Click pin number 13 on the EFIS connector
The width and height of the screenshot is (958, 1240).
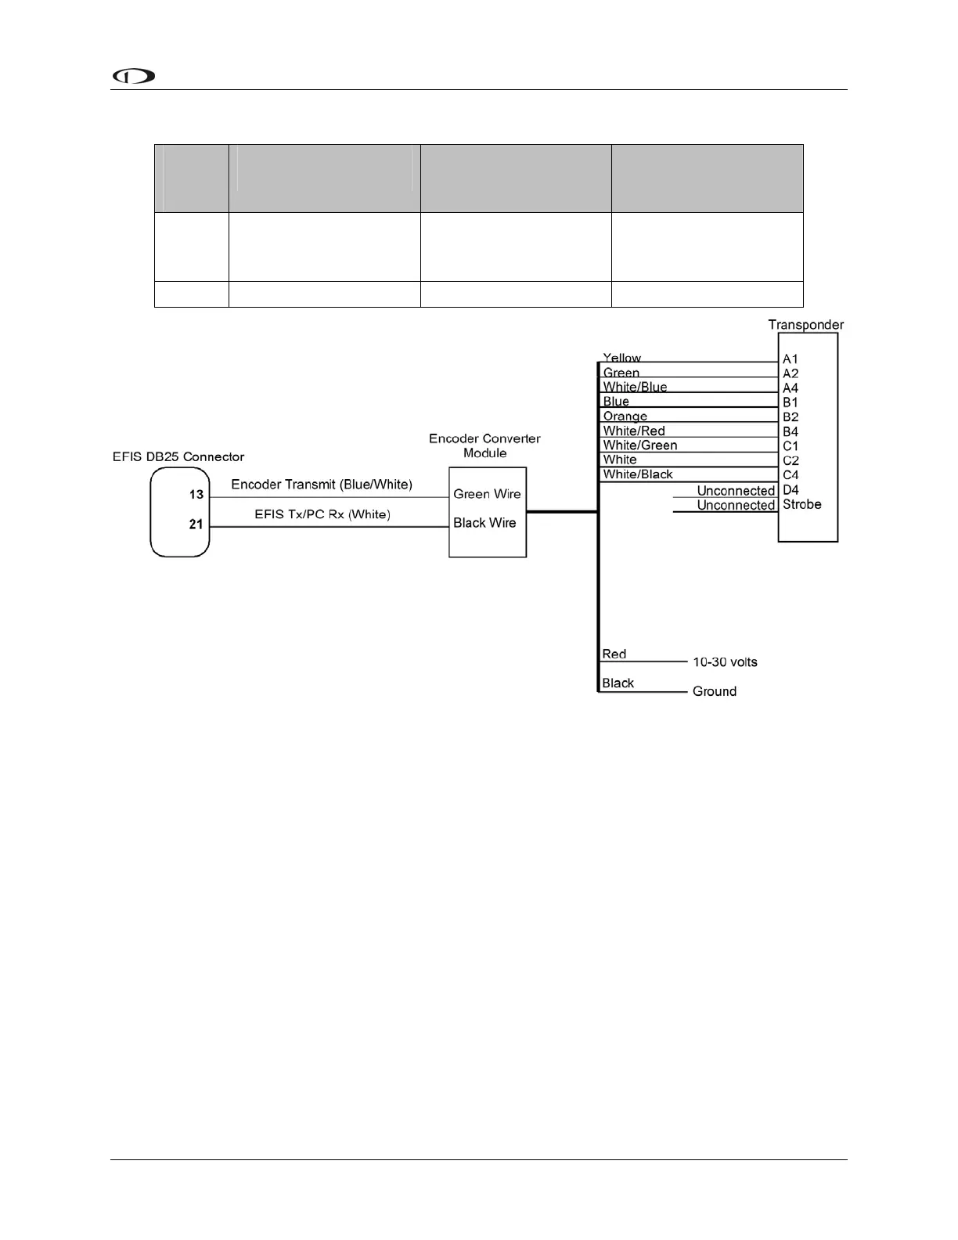coord(196,494)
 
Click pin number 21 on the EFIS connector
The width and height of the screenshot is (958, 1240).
coord(196,524)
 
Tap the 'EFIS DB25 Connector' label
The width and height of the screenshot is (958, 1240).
coord(178,456)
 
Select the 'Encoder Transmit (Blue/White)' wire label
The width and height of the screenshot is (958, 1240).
coord(322,485)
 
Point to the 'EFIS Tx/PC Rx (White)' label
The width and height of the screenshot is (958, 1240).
coord(322,514)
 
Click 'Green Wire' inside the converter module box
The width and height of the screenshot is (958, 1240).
coord(487,494)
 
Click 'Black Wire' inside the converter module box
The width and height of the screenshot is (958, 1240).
coord(484,523)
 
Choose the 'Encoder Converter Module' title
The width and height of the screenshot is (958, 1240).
coord(484,445)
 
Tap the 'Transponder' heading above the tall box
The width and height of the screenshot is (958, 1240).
coord(805,324)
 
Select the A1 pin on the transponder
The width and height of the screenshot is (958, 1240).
coord(791,359)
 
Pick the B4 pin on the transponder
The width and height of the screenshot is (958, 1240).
coord(791,431)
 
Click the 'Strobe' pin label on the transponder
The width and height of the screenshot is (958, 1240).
coord(801,504)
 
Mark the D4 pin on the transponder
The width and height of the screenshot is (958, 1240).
coord(791,490)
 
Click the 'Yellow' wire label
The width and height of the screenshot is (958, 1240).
coord(621,358)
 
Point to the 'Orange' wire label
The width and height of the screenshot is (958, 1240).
coord(625,416)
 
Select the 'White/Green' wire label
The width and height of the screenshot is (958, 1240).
coord(639,445)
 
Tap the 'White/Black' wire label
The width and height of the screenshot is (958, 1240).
coord(637,474)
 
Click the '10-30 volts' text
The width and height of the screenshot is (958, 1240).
coord(725,662)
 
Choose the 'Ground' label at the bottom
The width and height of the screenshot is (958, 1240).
coord(714,691)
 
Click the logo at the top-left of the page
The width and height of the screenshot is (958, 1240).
coord(134,76)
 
